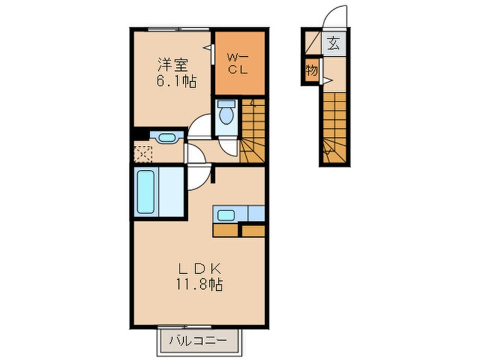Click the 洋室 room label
click(x=173, y=65)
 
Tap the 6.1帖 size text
click(x=176, y=81)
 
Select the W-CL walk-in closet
click(x=239, y=63)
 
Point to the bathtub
click(x=145, y=192)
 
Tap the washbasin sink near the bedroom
click(x=167, y=137)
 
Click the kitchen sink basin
click(x=226, y=215)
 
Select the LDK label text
click(x=200, y=269)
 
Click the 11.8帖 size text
click(x=199, y=284)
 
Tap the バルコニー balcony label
click(x=199, y=340)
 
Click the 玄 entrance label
click(x=334, y=43)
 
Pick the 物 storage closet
click(x=311, y=71)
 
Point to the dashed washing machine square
click(x=144, y=154)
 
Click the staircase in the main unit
click(x=252, y=131)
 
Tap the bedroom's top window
click(x=178, y=29)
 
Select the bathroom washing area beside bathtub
click(x=171, y=192)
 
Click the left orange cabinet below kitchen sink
click(x=225, y=231)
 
